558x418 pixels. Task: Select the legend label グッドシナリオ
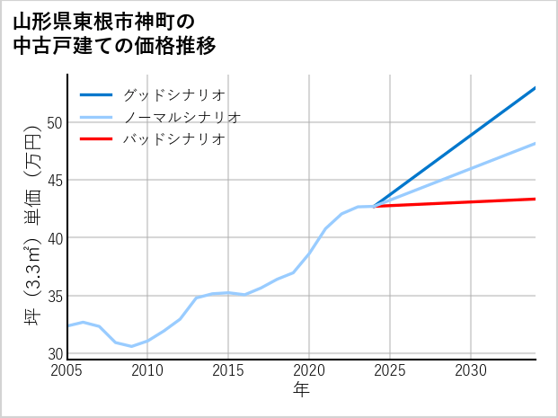tap(174, 94)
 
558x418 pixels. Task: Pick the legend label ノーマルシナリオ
tap(182, 117)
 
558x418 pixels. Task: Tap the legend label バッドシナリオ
tap(174, 139)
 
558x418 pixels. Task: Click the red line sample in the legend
tap(97, 139)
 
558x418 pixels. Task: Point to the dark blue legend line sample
tap(97, 94)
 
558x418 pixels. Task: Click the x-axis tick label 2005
tap(67, 370)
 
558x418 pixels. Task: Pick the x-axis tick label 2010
tap(147, 370)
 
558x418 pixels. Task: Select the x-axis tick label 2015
tap(228, 370)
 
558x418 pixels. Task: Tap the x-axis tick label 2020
tap(309, 370)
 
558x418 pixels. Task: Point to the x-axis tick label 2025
tap(390, 370)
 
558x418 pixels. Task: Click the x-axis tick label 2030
tap(471, 370)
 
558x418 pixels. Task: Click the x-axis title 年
tap(301, 389)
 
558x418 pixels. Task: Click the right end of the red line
tap(535, 199)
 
